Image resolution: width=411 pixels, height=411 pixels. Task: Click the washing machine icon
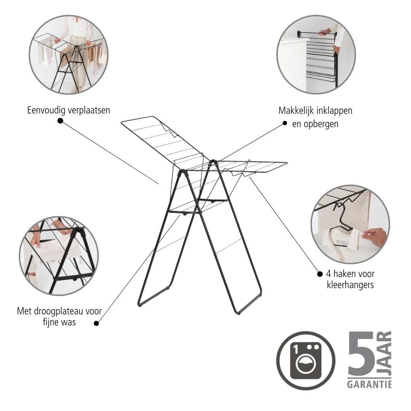coord(306,360)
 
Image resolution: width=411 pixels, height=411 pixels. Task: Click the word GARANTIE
coord(369,384)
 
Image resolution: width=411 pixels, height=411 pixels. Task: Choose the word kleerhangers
coord(350,285)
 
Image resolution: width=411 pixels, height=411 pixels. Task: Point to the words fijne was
coord(59,323)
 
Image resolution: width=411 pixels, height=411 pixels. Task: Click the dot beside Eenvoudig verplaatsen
coord(60,121)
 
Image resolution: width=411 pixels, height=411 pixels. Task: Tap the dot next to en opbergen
coord(285,123)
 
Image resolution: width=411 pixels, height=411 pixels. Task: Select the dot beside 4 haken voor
coord(320,274)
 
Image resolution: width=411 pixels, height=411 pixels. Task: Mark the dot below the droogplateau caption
coord(96,323)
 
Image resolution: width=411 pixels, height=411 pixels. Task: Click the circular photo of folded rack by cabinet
coord(316,54)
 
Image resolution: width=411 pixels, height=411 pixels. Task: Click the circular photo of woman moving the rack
coord(68,54)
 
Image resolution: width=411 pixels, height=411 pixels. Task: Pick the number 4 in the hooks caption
coord(329,274)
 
